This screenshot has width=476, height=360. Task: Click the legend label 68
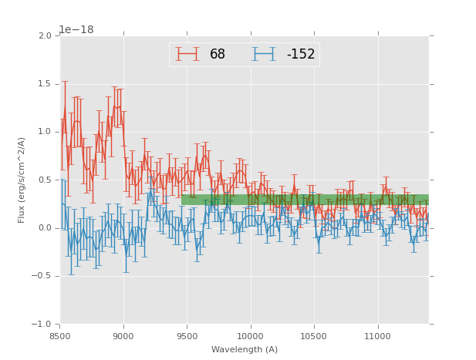218,54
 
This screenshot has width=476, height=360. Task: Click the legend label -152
301,54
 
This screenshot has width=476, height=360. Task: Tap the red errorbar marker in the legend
187,54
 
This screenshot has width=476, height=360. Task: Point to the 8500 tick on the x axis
60,336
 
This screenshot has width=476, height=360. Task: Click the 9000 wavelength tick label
123,336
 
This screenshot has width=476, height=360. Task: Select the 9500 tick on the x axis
187,336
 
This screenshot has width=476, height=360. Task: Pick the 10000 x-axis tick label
250,336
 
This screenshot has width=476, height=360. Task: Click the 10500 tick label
313,336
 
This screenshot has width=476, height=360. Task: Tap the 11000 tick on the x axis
377,336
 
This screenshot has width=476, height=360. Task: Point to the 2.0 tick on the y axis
45,36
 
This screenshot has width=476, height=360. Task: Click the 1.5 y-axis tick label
45,84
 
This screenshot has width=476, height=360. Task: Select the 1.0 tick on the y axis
45,132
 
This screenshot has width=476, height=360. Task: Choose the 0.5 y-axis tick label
45,180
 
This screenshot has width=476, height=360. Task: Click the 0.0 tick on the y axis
45,228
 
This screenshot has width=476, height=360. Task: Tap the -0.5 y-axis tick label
42,276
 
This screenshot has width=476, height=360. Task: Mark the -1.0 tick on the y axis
42,325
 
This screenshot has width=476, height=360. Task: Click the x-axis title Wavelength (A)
245,350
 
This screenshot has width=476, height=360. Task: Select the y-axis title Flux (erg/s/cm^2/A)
22,180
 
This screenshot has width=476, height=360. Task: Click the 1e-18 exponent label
76,29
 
